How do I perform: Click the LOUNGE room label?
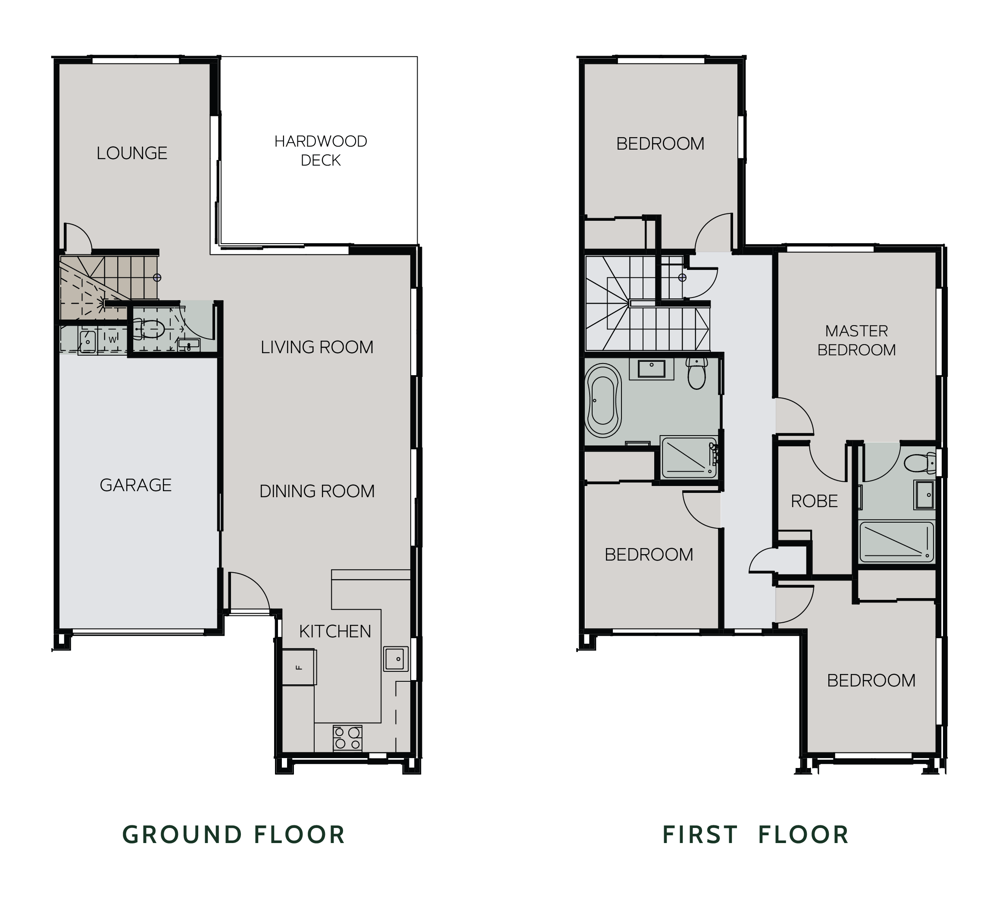click(x=132, y=153)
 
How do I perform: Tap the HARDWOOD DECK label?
click(x=321, y=151)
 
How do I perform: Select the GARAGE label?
click(x=136, y=485)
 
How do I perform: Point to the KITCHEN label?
click(x=335, y=631)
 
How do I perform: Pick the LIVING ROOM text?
click(x=317, y=347)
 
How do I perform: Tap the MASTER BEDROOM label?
click(x=856, y=340)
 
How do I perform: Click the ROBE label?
click(x=814, y=502)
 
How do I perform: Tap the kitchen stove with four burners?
click(x=347, y=738)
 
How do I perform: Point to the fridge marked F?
click(x=298, y=667)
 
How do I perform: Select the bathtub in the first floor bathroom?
click(x=603, y=401)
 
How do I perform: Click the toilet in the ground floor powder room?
click(x=149, y=328)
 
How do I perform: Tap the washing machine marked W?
click(x=112, y=340)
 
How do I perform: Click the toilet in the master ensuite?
click(x=920, y=464)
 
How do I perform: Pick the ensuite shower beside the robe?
click(x=896, y=542)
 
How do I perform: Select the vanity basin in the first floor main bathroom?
click(x=651, y=369)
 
